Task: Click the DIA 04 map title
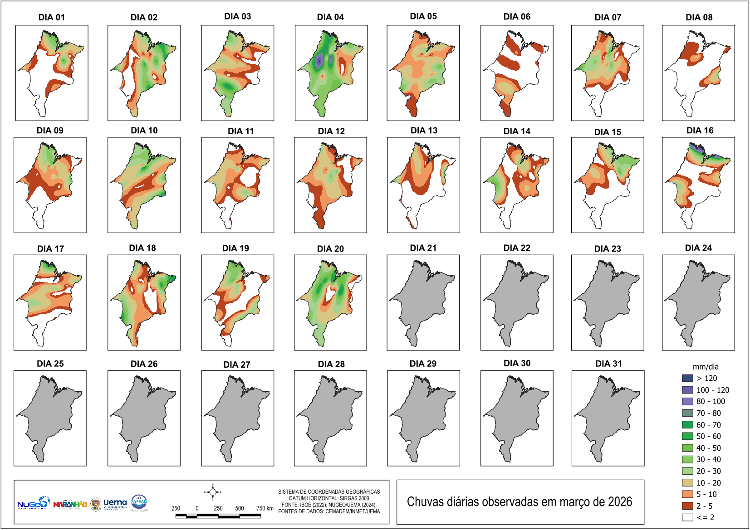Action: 330,17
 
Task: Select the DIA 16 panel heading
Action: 700,131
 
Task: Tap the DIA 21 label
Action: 423,248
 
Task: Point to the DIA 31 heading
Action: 608,364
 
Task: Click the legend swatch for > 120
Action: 687,378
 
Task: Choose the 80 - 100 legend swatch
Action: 687,401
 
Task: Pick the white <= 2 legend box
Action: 687,517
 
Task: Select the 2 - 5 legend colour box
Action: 687,506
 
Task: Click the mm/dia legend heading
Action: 705,367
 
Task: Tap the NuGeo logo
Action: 33,503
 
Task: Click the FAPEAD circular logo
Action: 139,502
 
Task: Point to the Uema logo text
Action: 115,503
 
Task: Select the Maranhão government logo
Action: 70,504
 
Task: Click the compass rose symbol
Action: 212,492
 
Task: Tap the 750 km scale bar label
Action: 265,508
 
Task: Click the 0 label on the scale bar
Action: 197,508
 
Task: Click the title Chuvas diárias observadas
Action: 519,502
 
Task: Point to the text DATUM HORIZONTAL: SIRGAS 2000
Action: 329,498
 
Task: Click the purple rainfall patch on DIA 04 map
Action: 319,60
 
